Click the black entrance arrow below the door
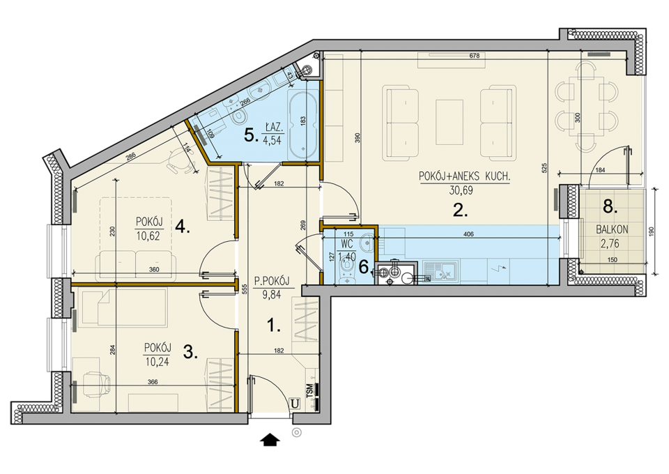(270, 439)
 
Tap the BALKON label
(612, 229)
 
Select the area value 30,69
(461, 190)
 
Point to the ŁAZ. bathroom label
(272, 128)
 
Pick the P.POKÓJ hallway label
(272, 281)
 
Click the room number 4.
(183, 228)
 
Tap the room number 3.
(190, 353)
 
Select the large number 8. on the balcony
(610, 207)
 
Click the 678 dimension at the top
(474, 56)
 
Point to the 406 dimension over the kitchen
(468, 234)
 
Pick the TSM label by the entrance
(309, 390)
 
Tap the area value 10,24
(157, 362)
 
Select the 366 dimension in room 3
(153, 382)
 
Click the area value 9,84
(272, 295)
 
